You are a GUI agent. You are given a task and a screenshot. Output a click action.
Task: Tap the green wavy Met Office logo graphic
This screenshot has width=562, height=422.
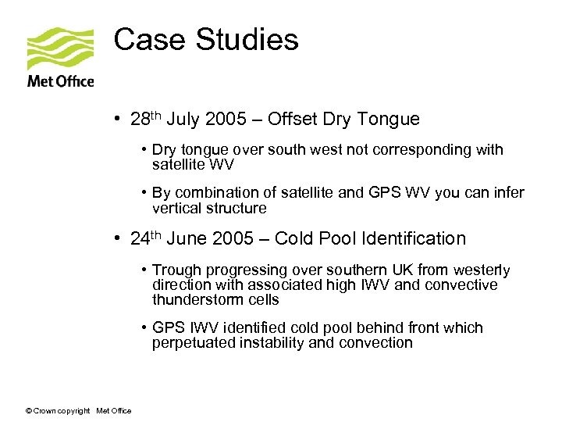click(60, 49)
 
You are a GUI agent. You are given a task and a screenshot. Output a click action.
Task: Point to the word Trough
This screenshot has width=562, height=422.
click(176, 270)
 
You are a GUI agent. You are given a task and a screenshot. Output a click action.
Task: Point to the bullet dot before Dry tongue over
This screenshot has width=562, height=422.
click(145, 150)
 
